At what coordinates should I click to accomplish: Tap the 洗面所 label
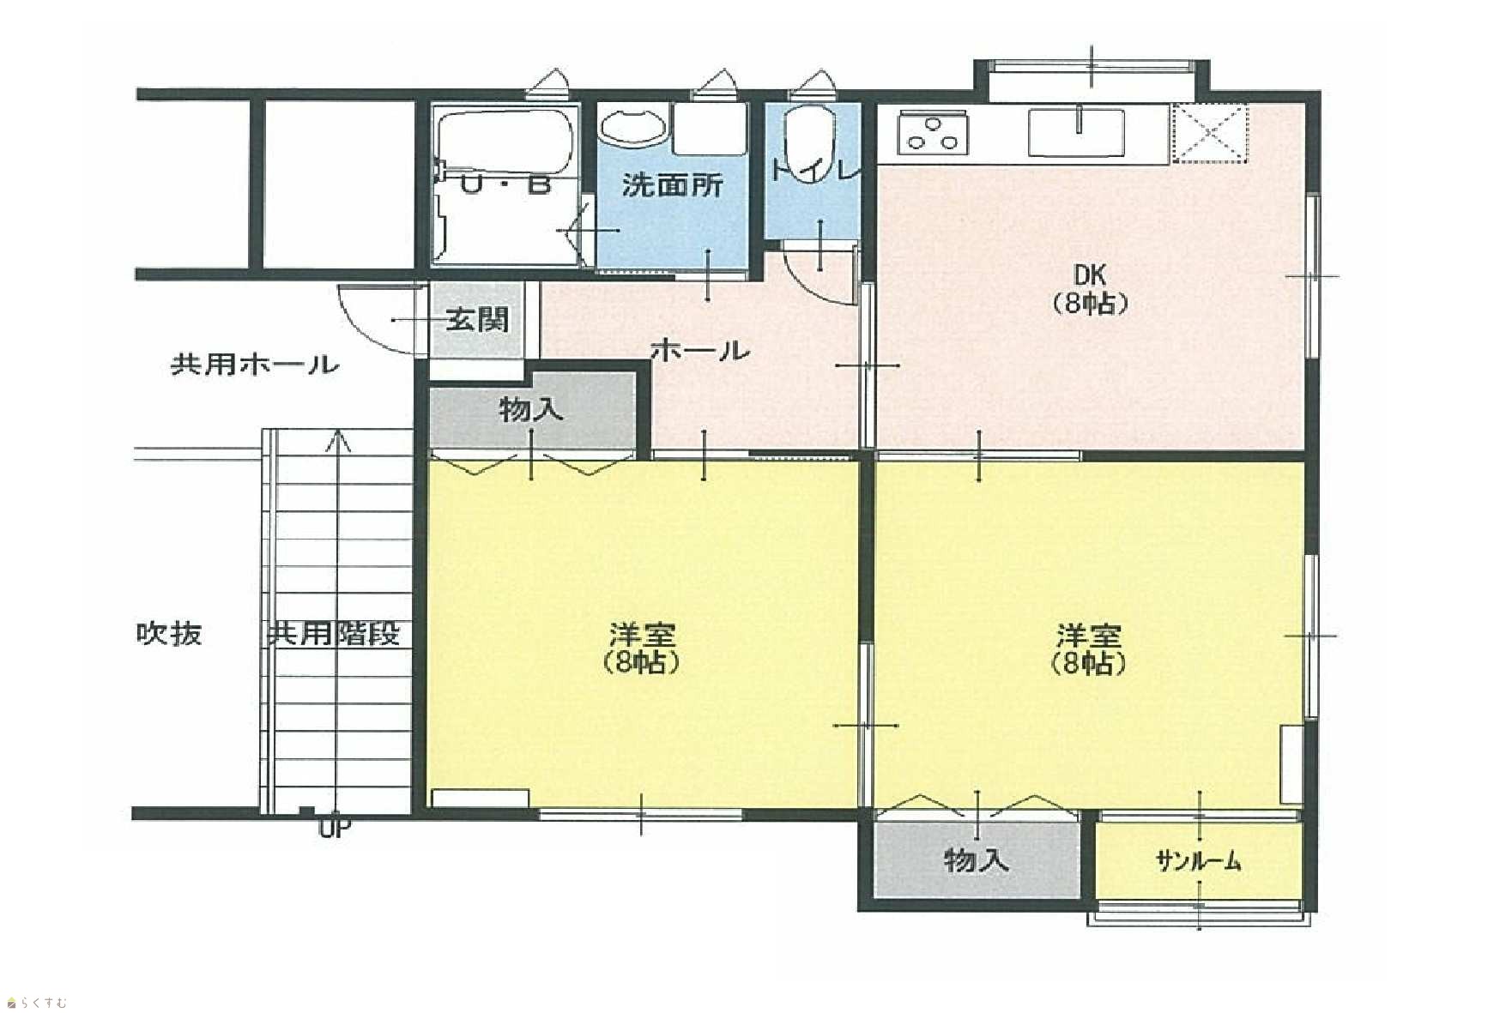pyautogui.click(x=673, y=184)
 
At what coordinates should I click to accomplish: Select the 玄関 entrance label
pyautogui.click(x=477, y=320)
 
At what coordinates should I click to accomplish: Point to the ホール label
pyautogui.click(x=700, y=350)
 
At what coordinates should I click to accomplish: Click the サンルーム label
pyautogui.click(x=1198, y=860)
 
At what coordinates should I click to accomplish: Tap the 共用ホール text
pyautogui.click(x=255, y=365)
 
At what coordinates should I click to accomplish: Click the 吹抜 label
pyautogui.click(x=169, y=634)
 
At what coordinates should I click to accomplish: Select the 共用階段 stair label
pyautogui.click(x=335, y=634)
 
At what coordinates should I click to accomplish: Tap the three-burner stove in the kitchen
pyautogui.click(x=934, y=134)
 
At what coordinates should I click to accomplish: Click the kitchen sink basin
pyautogui.click(x=1076, y=134)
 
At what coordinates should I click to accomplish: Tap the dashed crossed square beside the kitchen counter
pyautogui.click(x=1209, y=132)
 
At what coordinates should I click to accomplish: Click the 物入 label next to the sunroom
pyautogui.click(x=976, y=859)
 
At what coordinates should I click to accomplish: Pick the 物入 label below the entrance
pyautogui.click(x=531, y=410)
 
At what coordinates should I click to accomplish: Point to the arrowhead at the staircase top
pyautogui.click(x=341, y=440)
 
